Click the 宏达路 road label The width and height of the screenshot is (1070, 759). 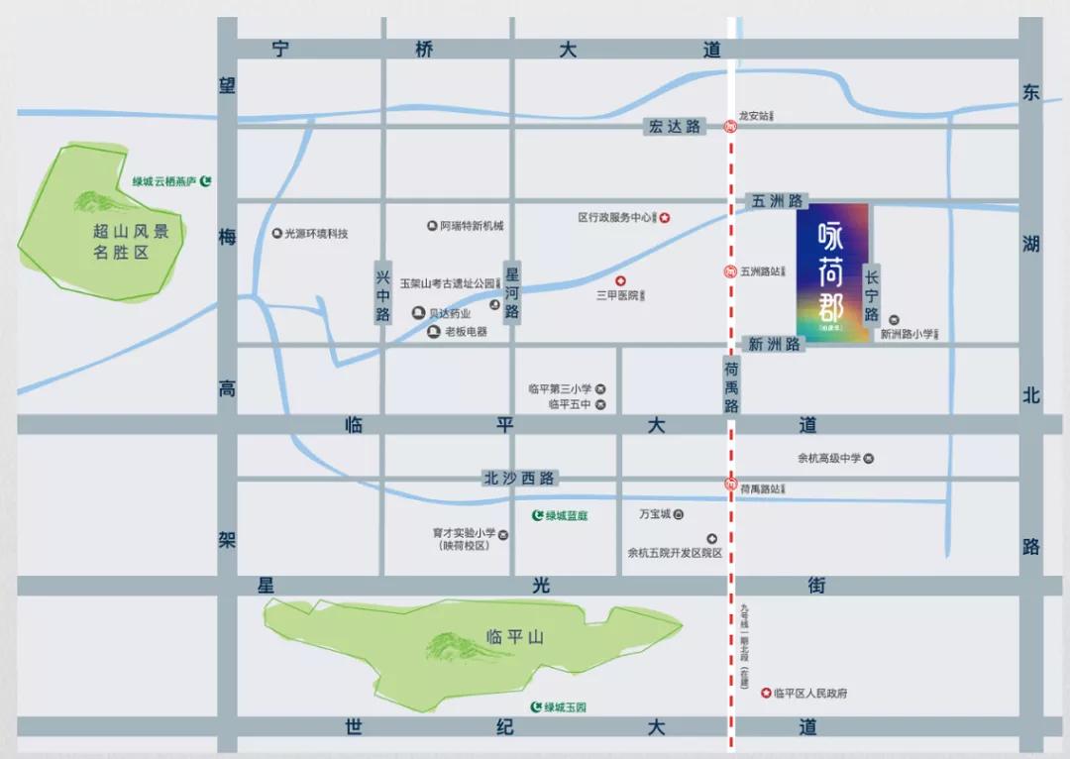coord(675,126)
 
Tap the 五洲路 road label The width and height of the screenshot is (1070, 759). coord(772,201)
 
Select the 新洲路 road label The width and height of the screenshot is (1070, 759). coord(774,345)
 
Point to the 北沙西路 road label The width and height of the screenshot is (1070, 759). coord(520,479)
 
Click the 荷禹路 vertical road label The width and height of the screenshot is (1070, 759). coord(731,385)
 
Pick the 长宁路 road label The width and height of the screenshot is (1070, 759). coord(872,295)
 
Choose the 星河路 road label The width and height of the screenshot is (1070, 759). coord(512,292)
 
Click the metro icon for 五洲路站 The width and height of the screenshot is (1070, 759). coord(730,271)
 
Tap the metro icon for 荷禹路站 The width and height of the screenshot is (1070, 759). coord(730,487)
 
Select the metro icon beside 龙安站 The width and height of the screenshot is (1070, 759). coord(730,126)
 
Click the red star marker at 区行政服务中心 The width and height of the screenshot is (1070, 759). coord(666,217)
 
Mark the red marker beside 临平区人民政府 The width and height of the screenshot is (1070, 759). coord(765,694)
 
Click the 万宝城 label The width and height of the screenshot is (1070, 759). coord(655,514)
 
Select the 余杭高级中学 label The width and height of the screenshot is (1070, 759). coord(829,458)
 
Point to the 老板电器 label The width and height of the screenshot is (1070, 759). coord(466,332)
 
